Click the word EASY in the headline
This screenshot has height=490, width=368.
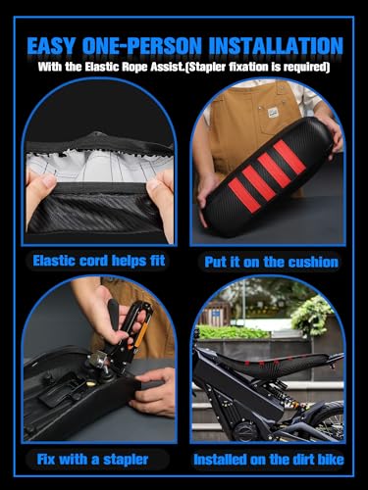pyautogui.click(x=51, y=46)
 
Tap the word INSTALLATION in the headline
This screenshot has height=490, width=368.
pyautogui.click(x=276, y=46)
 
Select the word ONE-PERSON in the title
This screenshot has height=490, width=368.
pyautogui.click(x=142, y=46)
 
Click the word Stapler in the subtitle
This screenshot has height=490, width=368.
pyautogui.click(x=207, y=67)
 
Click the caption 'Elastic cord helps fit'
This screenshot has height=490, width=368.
pyautogui.click(x=99, y=261)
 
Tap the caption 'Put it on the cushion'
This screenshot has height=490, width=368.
pyautogui.click(x=271, y=262)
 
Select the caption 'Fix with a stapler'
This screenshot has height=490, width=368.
pyautogui.click(x=92, y=460)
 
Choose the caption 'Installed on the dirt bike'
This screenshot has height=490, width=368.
pyautogui.click(x=269, y=460)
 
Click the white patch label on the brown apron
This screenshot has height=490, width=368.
pyautogui.click(x=273, y=113)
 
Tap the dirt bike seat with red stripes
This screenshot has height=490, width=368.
pyautogui.click(x=278, y=364)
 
